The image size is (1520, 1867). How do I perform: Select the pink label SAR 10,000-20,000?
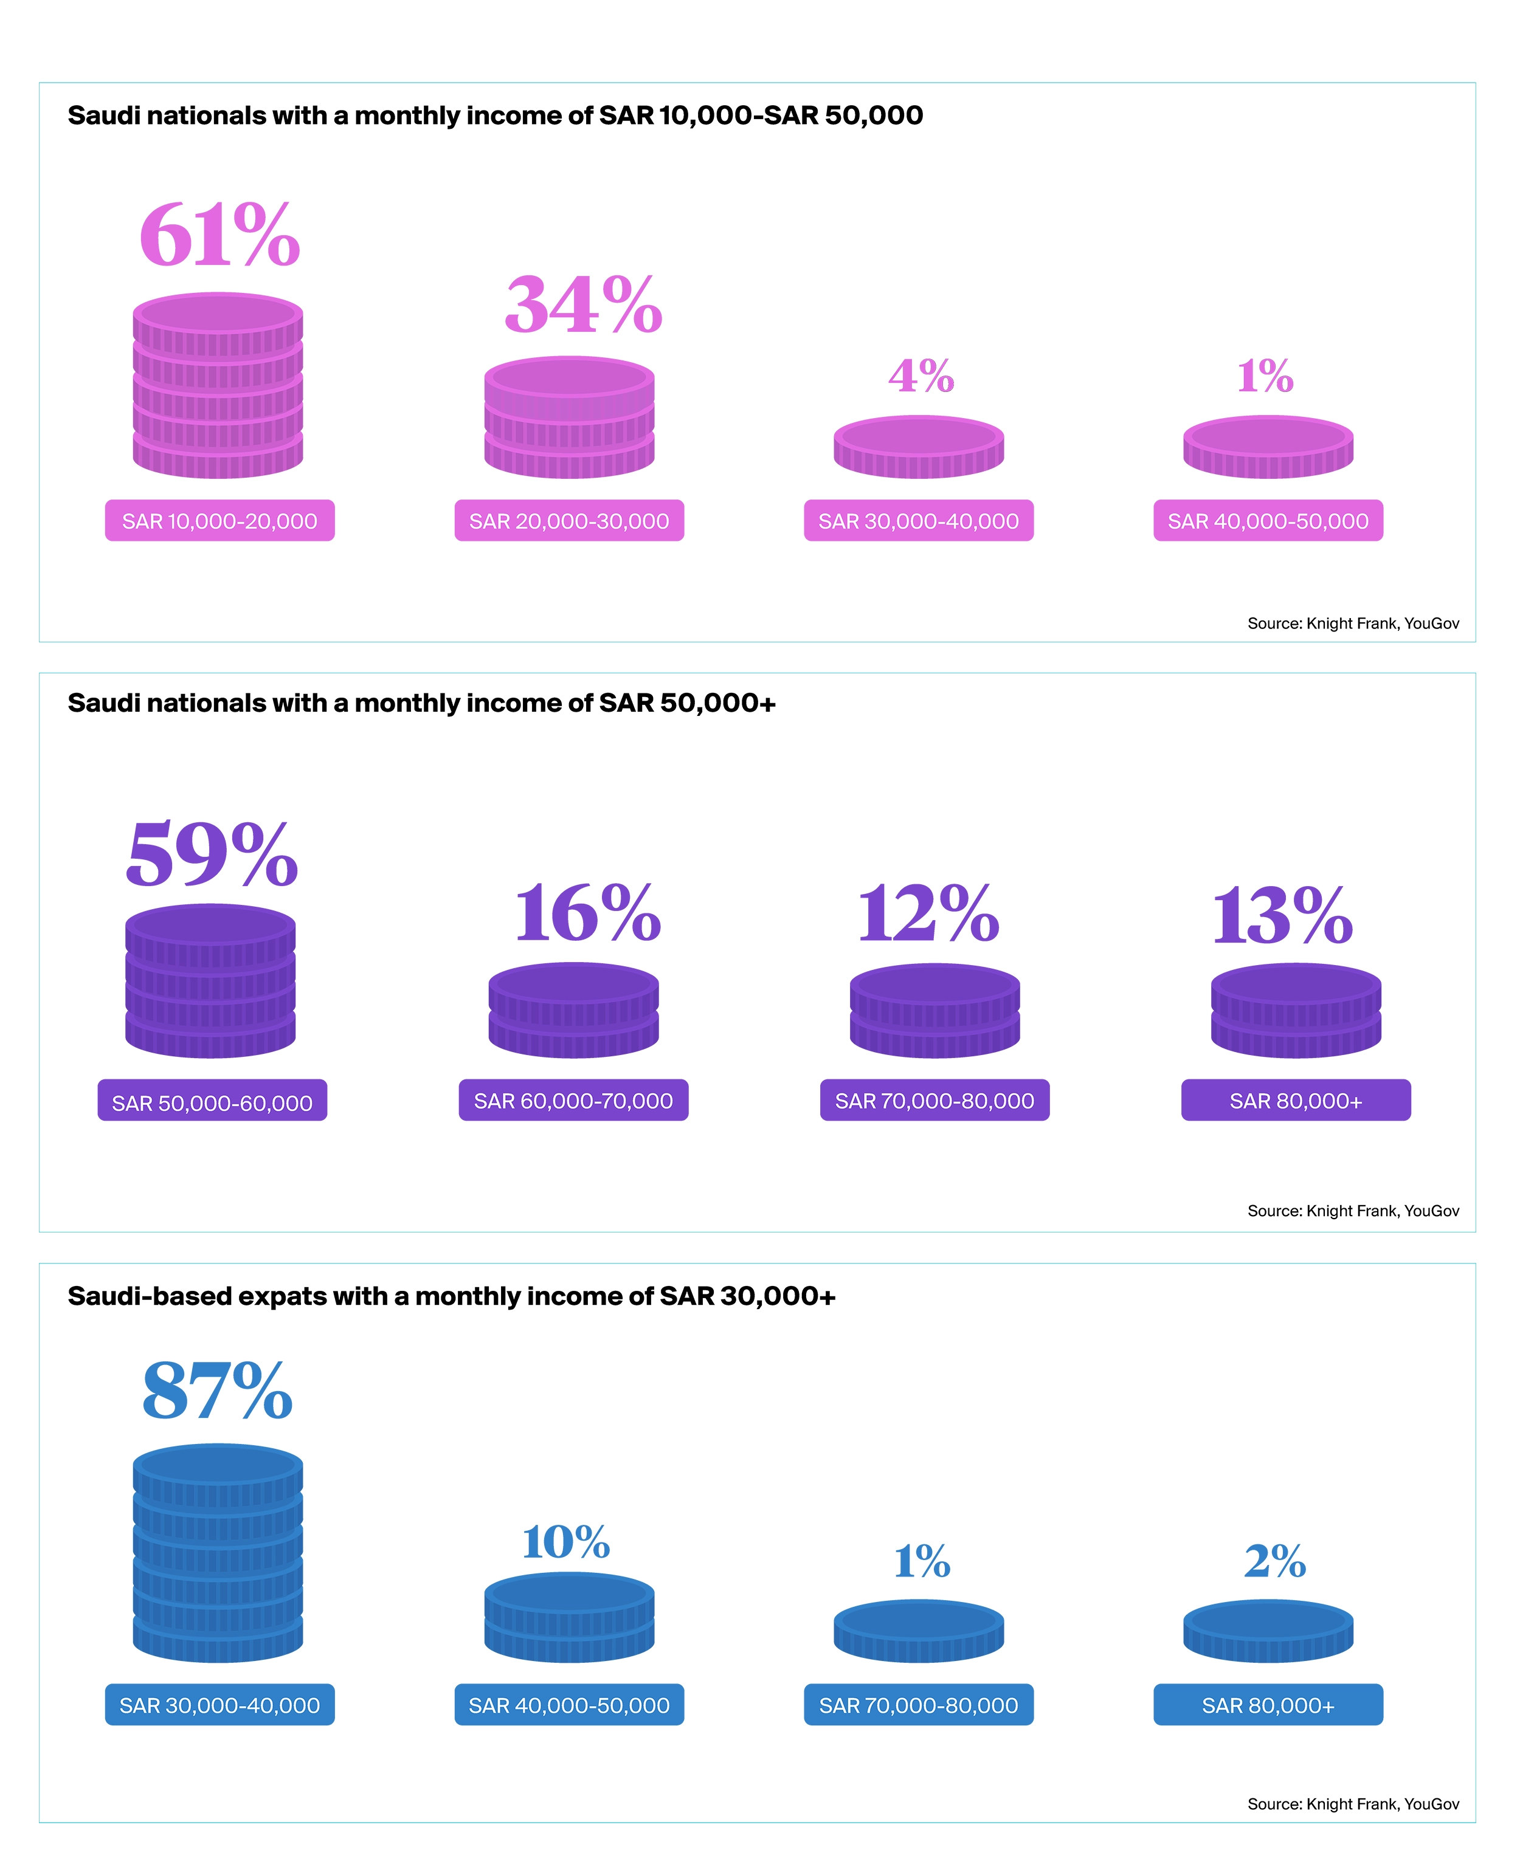click(219, 521)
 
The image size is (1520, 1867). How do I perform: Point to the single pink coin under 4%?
click(919, 447)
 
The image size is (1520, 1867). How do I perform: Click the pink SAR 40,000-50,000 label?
click(1267, 521)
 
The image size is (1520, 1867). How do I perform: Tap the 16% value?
click(587, 914)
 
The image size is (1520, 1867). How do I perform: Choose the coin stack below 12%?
click(934, 1010)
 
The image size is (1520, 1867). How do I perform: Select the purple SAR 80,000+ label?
click(1295, 1100)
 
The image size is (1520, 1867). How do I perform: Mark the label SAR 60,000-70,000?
click(573, 1100)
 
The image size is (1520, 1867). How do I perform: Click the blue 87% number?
click(217, 1391)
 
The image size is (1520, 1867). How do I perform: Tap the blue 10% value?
click(565, 1542)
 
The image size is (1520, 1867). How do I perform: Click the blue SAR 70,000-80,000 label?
click(919, 1705)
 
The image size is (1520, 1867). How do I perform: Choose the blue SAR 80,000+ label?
click(1267, 1705)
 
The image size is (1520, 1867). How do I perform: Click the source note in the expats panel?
click(1353, 1804)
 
